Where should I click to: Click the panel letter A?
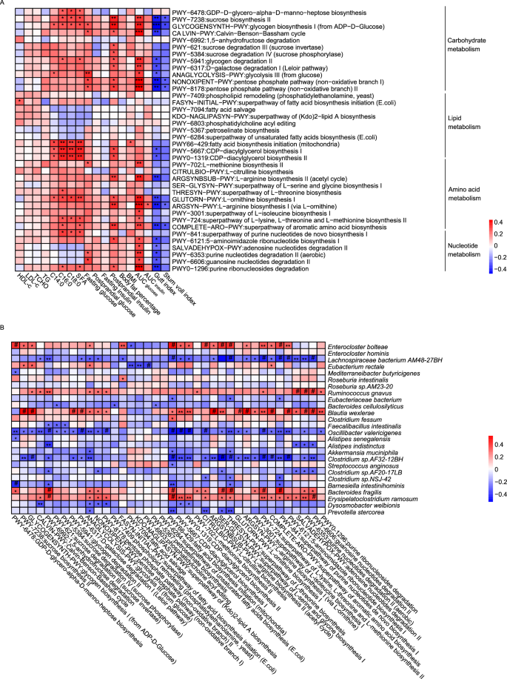[x=4, y=4]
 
